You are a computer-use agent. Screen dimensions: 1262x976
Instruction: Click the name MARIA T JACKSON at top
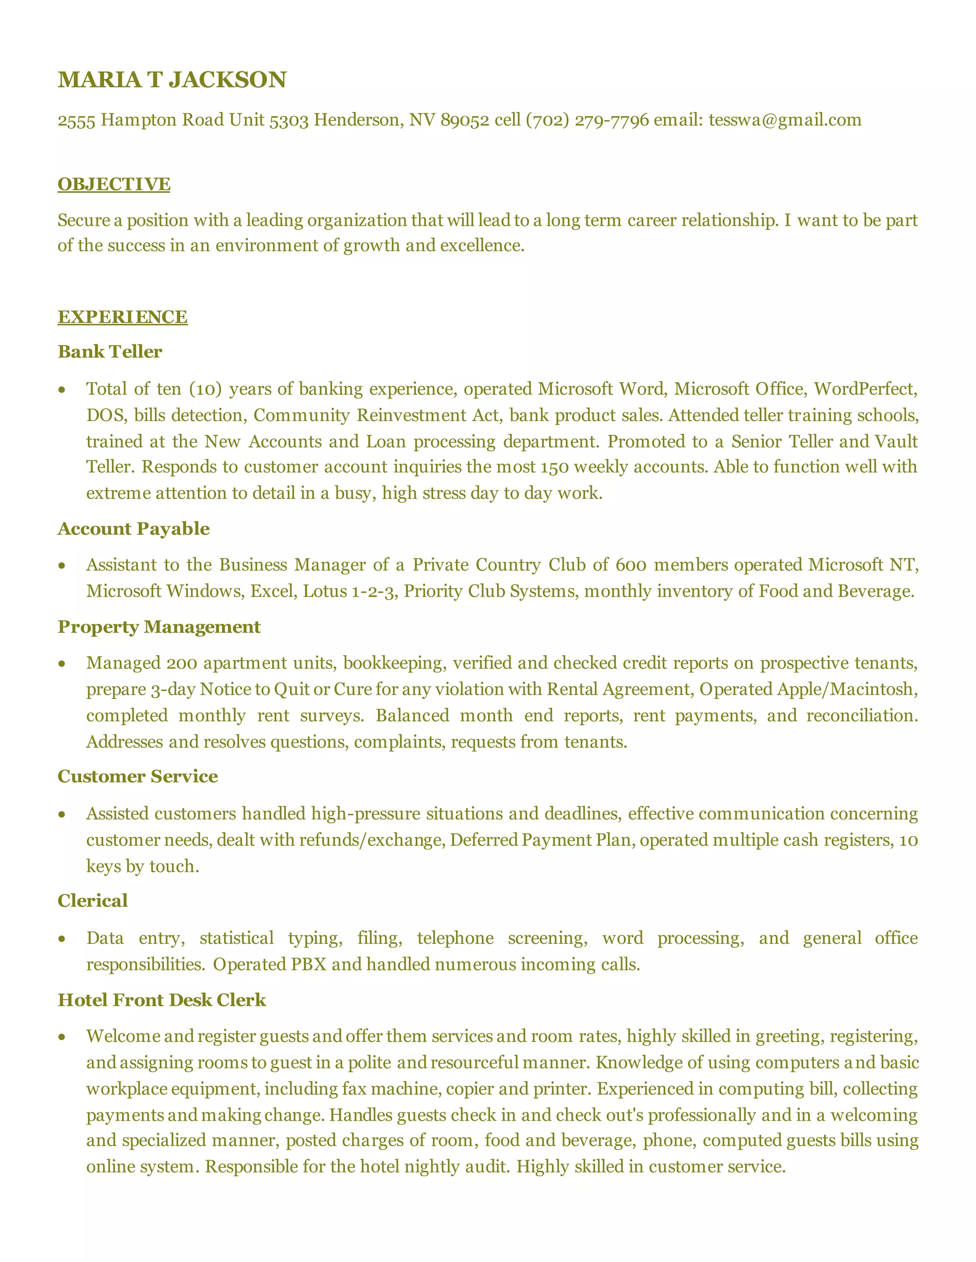(172, 80)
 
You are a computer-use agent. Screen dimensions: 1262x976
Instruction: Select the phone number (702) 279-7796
(587, 120)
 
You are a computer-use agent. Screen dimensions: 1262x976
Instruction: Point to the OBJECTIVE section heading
(114, 184)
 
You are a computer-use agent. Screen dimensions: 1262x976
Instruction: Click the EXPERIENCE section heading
(122, 317)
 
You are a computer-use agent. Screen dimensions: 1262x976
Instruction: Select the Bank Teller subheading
(110, 351)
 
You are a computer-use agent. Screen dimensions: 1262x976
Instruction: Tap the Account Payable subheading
(133, 529)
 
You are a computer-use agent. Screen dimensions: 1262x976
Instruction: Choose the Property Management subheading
(159, 627)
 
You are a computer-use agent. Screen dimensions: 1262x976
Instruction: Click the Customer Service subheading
(138, 777)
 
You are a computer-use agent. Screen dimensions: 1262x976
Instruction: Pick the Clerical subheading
(92, 901)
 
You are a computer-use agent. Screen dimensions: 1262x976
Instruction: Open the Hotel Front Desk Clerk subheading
(162, 1000)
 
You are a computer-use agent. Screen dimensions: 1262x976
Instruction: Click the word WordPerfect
(865, 389)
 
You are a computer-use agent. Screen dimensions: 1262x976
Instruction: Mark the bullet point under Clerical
(62, 939)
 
